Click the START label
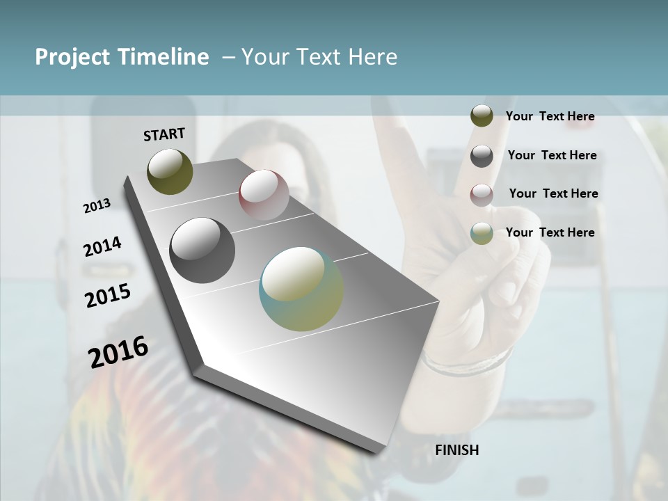(164, 134)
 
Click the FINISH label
(456, 450)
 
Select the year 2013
(97, 206)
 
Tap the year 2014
(102, 247)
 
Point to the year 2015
(108, 296)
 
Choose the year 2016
(118, 352)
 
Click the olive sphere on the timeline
(170, 171)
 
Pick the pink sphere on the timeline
(264, 195)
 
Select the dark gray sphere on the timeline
(202, 250)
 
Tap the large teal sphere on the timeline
(301, 289)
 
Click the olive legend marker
(482, 116)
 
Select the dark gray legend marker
(482, 155)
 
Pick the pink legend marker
(482, 194)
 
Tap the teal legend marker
(482, 233)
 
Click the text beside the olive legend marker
(550, 116)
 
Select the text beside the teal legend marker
(550, 232)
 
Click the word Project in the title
(72, 57)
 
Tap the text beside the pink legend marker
(553, 193)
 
